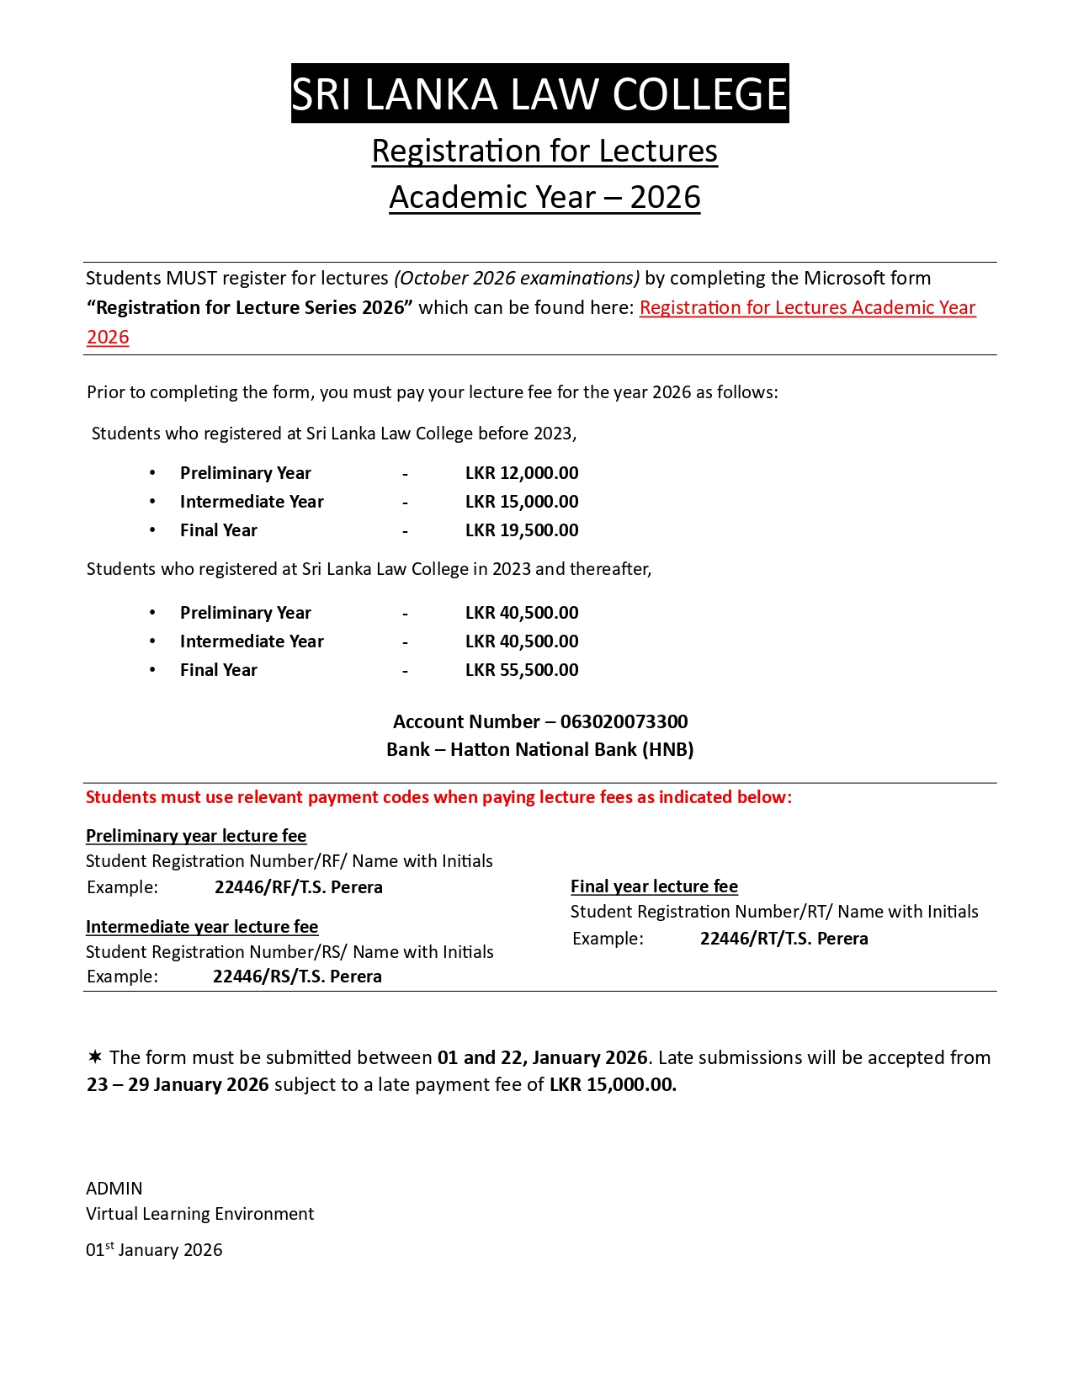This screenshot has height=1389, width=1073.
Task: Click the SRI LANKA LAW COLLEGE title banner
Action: pos(539,93)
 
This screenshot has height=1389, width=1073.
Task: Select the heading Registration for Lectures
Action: pos(544,152)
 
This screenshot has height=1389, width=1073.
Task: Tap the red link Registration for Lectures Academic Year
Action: pos(807,308)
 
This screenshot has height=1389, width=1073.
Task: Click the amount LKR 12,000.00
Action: pos(522,473)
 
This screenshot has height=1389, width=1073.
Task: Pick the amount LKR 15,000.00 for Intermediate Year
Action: pos(522,502)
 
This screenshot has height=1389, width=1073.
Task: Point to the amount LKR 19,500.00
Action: pos(522,530)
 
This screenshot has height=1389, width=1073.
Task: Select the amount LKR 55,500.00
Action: pos(522,670)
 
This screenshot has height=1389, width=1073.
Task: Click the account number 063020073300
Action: pos(624,722)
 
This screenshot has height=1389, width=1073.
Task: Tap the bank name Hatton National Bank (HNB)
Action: pos(571,750)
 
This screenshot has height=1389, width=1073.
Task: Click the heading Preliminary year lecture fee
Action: pos(196,836)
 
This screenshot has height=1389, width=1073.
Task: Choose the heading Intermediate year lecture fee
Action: pos(202,927)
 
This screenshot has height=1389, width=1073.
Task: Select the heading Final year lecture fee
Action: pos(654,886)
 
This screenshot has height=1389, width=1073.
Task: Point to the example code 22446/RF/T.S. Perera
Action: pos(299,887)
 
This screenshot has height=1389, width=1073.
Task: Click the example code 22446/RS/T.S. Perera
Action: pos(297,977)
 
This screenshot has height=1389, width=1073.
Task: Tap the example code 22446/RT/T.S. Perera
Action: pos(784,939)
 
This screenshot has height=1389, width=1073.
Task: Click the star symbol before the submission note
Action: pos(95,1056)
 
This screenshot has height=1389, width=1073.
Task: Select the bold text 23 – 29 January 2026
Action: pos(178,1085)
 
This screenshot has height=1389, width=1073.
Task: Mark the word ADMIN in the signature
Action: pos(114,1189)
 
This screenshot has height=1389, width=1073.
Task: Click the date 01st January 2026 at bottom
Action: pos(154,1250)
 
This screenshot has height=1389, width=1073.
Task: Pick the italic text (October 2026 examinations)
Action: pos(517,279)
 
